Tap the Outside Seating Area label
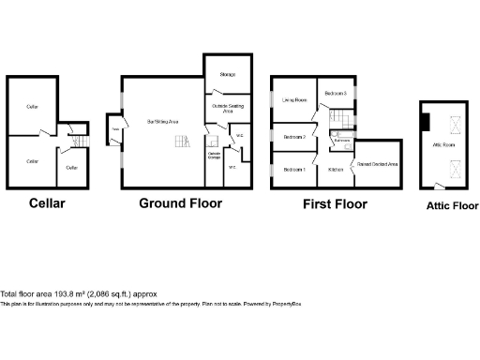pyautogui.click(x=228, y=109)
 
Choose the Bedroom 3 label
pyautogui.click(x=337, y=94)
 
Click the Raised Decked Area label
pyautogui.click(x=379, y=164)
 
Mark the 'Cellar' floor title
pyautogui.click(x=47, y=202)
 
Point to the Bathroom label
pyautogui.click(x=341, y=142)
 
